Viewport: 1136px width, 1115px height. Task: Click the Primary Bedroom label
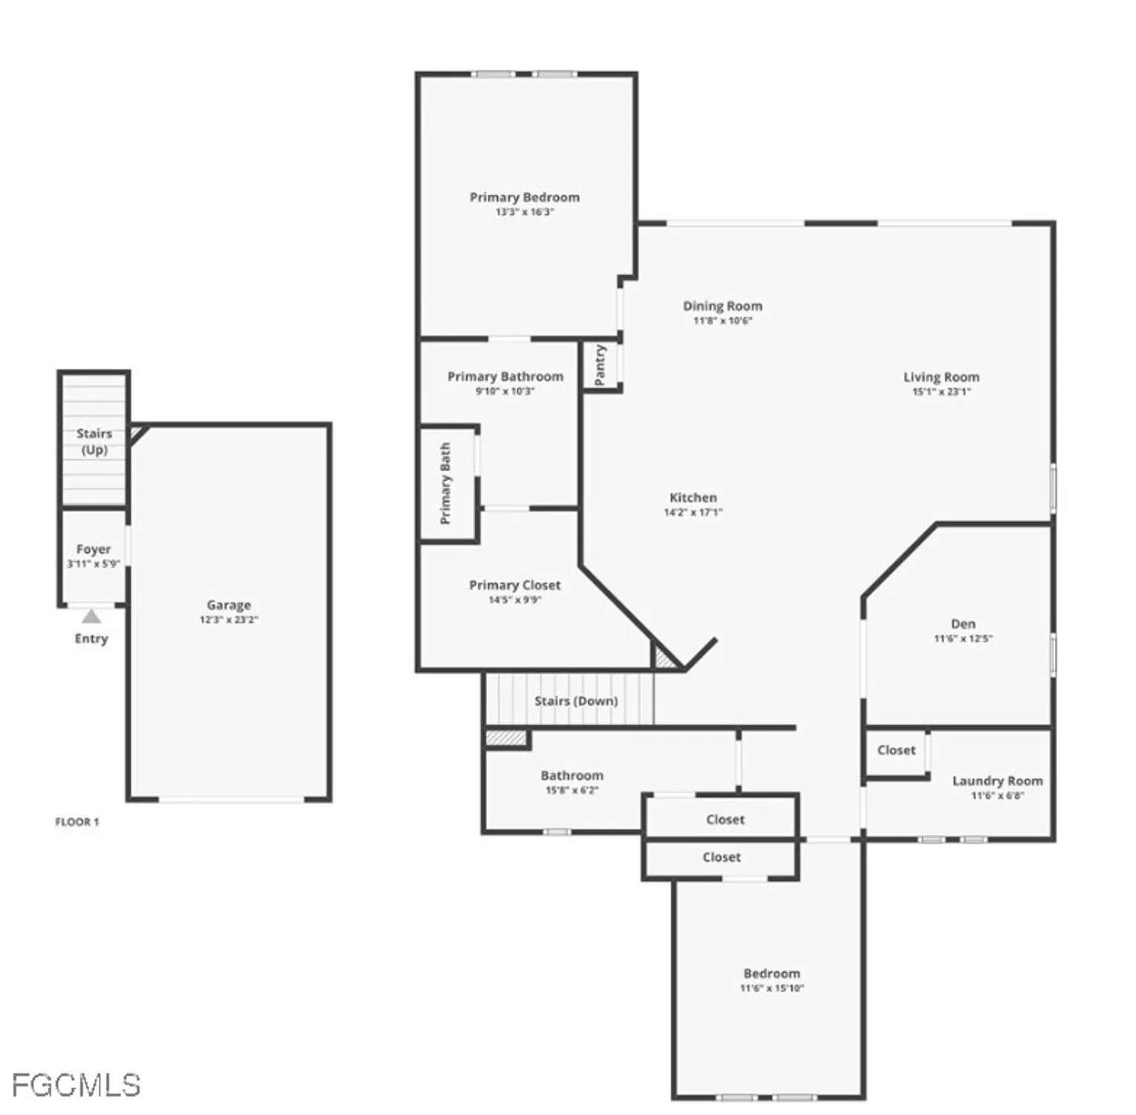(x=524, y=197)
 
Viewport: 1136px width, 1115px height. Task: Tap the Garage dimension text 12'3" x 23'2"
(x=229, y=620)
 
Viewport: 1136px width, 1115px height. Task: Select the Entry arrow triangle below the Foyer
(x=91, y=616)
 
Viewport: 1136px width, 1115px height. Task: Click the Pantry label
(x=600, y=365)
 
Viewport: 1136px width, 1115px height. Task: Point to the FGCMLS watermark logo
(x=76, y=1086)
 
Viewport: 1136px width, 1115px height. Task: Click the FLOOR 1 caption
(x=77, y=821)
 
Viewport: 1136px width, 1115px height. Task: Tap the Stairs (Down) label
(x=576, y=701)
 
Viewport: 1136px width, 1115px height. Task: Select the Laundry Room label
(x=997, y=780)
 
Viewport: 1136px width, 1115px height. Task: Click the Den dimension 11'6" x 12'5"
(x=963, y=639)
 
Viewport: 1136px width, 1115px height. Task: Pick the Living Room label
(x=941, y=377)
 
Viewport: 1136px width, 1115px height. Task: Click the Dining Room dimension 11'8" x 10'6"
(x=722, y=321)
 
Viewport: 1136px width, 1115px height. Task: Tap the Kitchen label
(x=692, y=497)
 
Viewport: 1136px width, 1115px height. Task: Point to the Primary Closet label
(x=514, y=585)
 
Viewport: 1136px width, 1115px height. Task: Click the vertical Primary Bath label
(x=446, y=483)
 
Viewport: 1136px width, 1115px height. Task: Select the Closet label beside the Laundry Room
(x=896, y=750)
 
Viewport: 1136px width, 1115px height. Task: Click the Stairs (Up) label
(x=94, y=442)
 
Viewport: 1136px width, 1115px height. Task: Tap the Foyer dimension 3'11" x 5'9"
(x=93, y=564)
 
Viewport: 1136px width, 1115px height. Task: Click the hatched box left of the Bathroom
(x=506, y=738)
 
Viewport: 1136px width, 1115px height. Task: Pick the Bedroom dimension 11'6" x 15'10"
(x=771, y=989)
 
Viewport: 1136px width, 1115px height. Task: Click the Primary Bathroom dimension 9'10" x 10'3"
(x=504, y=392)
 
